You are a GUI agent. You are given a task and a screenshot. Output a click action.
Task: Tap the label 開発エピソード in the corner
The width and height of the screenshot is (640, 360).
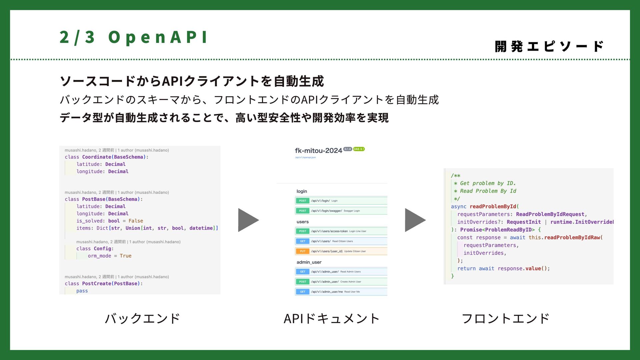pyautogui.click(x=549, y=46)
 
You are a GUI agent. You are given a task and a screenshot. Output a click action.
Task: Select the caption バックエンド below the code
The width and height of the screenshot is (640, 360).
pyautogui.click(x=142, y=318)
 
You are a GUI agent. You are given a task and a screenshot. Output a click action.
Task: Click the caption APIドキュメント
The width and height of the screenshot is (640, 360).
pyautogui.click(x=331, y=318)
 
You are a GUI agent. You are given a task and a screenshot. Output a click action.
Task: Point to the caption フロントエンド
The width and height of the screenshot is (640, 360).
pyautogui.click(x=505, y=318)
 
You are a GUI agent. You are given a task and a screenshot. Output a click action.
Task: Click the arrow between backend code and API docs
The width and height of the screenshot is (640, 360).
pyautogui.click(x=248, y=220)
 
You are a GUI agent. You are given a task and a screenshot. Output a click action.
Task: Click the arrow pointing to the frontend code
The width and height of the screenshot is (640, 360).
pyautogui.click(x=415, y=220)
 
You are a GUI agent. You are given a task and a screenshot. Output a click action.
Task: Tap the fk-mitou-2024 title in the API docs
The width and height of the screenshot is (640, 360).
pyautogui.click(x=318, y=151)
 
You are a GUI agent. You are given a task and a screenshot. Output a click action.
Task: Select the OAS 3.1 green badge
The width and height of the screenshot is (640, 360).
pyautogui.click(x=359, y=149)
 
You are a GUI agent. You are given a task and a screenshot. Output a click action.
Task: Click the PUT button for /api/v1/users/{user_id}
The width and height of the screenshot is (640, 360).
pyautogui.click(x=302, y=251)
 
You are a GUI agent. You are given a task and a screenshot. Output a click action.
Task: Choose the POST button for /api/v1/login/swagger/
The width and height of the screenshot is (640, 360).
pyautogui.click(x=302, y=211)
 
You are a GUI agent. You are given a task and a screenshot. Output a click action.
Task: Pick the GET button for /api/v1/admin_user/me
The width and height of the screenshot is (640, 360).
pyautogui.click(x=302, y=292)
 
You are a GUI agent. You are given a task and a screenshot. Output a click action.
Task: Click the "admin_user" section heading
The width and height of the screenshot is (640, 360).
pyautogui.click(x=309, y=262)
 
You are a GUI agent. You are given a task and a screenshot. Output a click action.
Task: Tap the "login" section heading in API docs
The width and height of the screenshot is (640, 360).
pyautogui.click(x=302, y=191)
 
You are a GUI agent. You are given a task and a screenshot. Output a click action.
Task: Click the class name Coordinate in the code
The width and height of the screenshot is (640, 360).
pyautogui.click(x=97, y=157)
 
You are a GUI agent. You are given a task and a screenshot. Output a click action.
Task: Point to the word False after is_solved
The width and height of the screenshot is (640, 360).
pyautogui.click(x=136, y=221)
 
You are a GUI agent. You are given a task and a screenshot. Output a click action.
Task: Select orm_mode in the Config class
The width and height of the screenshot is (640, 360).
pyautogui.click(x=99, y=256)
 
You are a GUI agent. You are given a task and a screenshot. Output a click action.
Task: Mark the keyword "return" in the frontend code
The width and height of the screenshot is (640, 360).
pyautogui.click(x=466, y=269)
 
